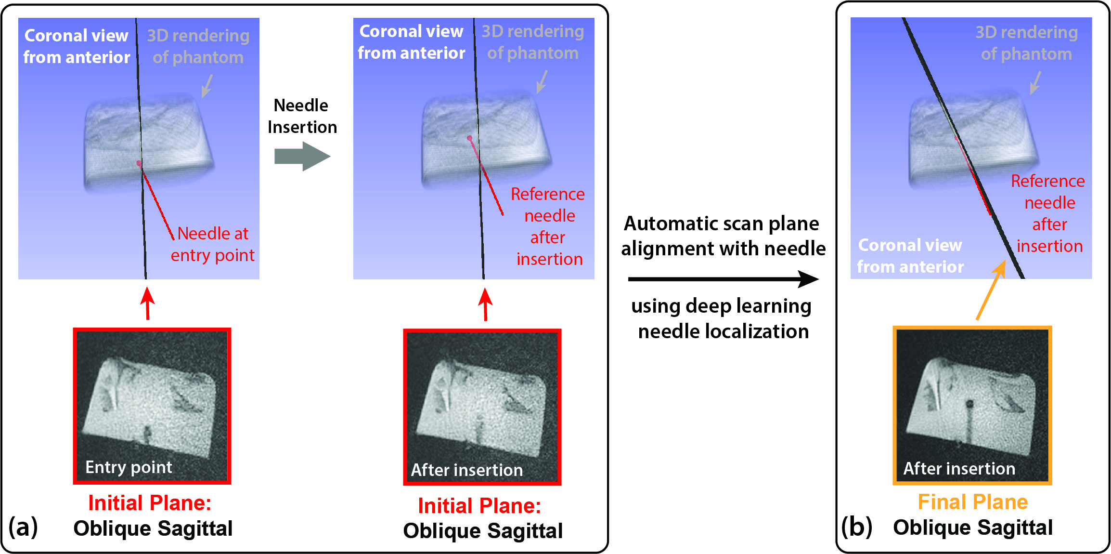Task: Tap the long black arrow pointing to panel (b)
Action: (722, 279)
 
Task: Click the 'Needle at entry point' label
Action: (212, 244)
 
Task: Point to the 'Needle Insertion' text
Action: (302, 116)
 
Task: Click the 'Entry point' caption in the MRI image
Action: (129, 467)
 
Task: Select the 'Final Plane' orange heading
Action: (972, 502)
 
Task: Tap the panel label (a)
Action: (23, 527)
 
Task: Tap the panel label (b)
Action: (856, 527)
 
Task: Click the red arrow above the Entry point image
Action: (148, 303)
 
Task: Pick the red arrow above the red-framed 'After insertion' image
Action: (485, 304)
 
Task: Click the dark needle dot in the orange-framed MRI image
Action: (969, 404)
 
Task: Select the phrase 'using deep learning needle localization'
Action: (722, 318)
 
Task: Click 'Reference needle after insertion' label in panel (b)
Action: (1048, 213)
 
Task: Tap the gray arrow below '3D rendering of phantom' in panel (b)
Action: (1035, 82)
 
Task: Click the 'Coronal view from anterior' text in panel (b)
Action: (910, 256)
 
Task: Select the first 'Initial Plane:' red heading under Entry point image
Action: (150, 503)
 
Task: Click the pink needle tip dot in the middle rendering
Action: (470, 138)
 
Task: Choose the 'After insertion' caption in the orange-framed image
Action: (959, 468)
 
